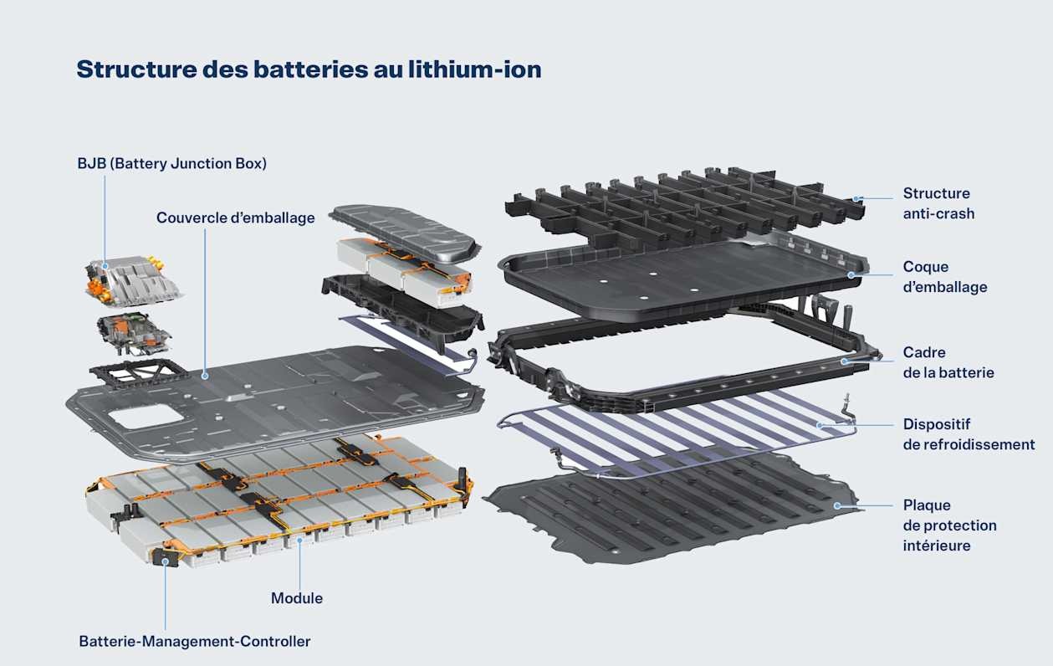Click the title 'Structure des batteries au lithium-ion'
[309, 69]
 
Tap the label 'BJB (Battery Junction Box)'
[172, 163]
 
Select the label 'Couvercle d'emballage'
[236, 218]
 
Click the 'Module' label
[297, 598]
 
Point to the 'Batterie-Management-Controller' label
[195, 642]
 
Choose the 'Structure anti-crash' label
[938, 203]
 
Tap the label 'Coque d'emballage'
[945, 277]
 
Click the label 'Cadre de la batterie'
[948, 362]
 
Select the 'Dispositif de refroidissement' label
[969, 434]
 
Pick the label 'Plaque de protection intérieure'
[949, 525]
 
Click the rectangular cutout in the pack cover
[146, 418]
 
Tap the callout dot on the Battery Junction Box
[105, 266]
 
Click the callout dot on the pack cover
[205, 376]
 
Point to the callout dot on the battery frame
[845, 361]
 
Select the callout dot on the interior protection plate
[837, 505]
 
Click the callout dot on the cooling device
[820, 425]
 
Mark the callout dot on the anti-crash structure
[856, 198]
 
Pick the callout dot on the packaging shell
[851, 274]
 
